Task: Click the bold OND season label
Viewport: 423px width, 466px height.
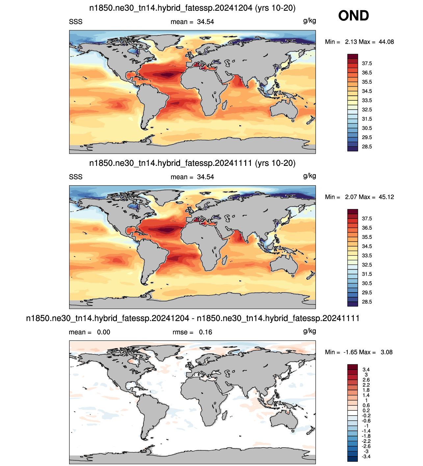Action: (354, 15)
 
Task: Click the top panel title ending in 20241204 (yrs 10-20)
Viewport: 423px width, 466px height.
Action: (192, 8)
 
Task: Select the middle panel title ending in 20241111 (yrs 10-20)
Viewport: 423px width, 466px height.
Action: (192, 163)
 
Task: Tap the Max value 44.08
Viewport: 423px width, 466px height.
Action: (386, 42)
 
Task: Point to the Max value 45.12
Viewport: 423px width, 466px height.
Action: (386, 197)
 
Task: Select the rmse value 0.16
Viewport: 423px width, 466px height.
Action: (205, 332)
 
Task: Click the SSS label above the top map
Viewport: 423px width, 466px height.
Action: (76, 22)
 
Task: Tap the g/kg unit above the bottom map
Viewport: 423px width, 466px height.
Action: (309, 331)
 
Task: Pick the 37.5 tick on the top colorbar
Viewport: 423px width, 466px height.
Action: (367, 64)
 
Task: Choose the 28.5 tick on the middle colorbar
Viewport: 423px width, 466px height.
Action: (367, 302)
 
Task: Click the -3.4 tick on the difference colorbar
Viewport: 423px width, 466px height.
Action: (366, 456)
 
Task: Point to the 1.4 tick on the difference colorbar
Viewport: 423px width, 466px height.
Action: (366, 395)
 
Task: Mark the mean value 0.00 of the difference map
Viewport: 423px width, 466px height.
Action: (104, 332)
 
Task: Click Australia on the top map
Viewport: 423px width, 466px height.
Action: (284, 109)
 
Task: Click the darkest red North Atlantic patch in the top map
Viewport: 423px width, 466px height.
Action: (168, 75)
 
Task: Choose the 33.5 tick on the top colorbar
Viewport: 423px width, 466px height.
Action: (367, 100)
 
